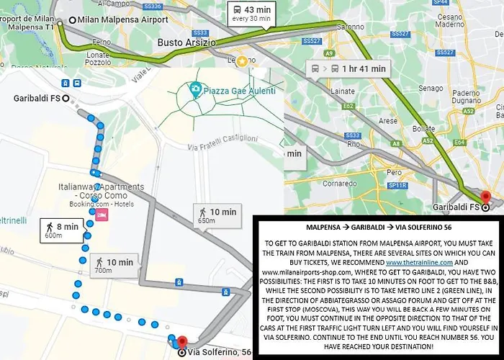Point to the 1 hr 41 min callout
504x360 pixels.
pos(348,69)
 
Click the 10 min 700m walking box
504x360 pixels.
pos(114,265)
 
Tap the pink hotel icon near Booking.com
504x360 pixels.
pos(102,216)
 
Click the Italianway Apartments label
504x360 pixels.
pos(101,191)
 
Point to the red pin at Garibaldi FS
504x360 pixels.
pos(485,198)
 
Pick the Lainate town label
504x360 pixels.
pos(338,91)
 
